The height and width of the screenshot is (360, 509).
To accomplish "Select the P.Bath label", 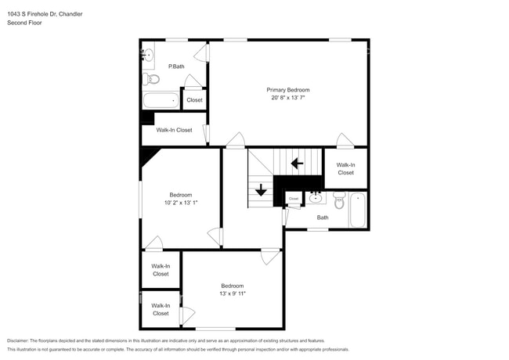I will (176, 67).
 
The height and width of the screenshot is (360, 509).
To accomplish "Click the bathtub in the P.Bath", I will (161, 100).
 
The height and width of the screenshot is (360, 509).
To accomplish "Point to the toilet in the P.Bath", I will (152, 79).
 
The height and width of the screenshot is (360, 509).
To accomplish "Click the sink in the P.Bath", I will (148, 54).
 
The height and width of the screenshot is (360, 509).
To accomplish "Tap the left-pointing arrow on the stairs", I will (297, 164).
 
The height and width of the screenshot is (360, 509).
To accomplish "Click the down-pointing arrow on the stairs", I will (261, 190).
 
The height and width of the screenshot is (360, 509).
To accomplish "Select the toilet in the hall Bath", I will (339, 202).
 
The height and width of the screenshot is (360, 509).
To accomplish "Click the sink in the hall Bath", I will (316, 196).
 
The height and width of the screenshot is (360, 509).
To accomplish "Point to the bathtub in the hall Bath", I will (358, 210).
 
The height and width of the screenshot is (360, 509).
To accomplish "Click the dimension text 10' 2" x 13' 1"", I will (181, 203).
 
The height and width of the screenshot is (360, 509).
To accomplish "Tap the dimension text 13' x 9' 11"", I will (232, 294).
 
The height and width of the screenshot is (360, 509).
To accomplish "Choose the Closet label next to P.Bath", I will (194, 100).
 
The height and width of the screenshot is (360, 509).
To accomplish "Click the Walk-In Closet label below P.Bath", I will (174, 130).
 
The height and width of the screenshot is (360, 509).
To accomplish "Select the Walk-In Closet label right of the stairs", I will (345, 168).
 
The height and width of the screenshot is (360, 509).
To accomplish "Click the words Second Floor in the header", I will (25, 23).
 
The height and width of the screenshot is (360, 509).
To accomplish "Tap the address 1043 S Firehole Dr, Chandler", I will (45, 14).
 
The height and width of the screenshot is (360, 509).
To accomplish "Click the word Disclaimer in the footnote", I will (21, 340).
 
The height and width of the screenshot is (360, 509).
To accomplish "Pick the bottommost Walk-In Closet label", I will (161, 309).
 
